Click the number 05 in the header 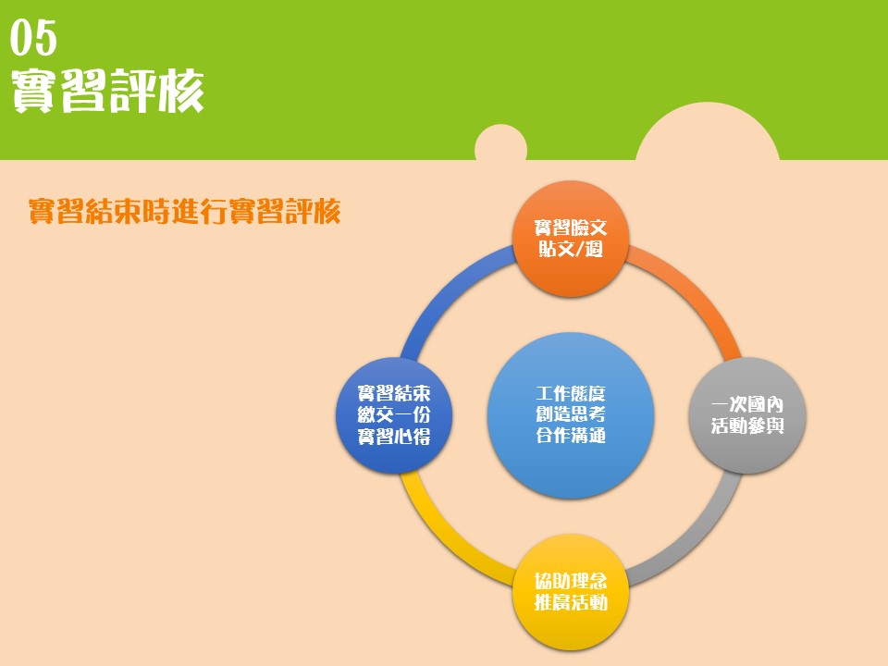click(x=33, y=37)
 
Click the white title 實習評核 click(x=107, y=91)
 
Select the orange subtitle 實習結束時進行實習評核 click(x=185, y=211)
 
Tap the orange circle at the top click(x=571, y=239)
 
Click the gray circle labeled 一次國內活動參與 click(x=747, y=415)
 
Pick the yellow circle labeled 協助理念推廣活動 click(x=571, y=592)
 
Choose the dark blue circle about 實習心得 click(x=394, y=415)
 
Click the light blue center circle click(x=571, y=415)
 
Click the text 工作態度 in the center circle click(x=571, y=394)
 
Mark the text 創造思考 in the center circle click(x=571, y=414)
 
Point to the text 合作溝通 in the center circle click(x=571, y=435)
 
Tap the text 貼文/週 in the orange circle click(x=571, y=249)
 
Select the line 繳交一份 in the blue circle click(x=394, y=414)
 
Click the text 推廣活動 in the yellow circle click(x=571, y=602)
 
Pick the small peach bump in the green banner click(x=500, y=142)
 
